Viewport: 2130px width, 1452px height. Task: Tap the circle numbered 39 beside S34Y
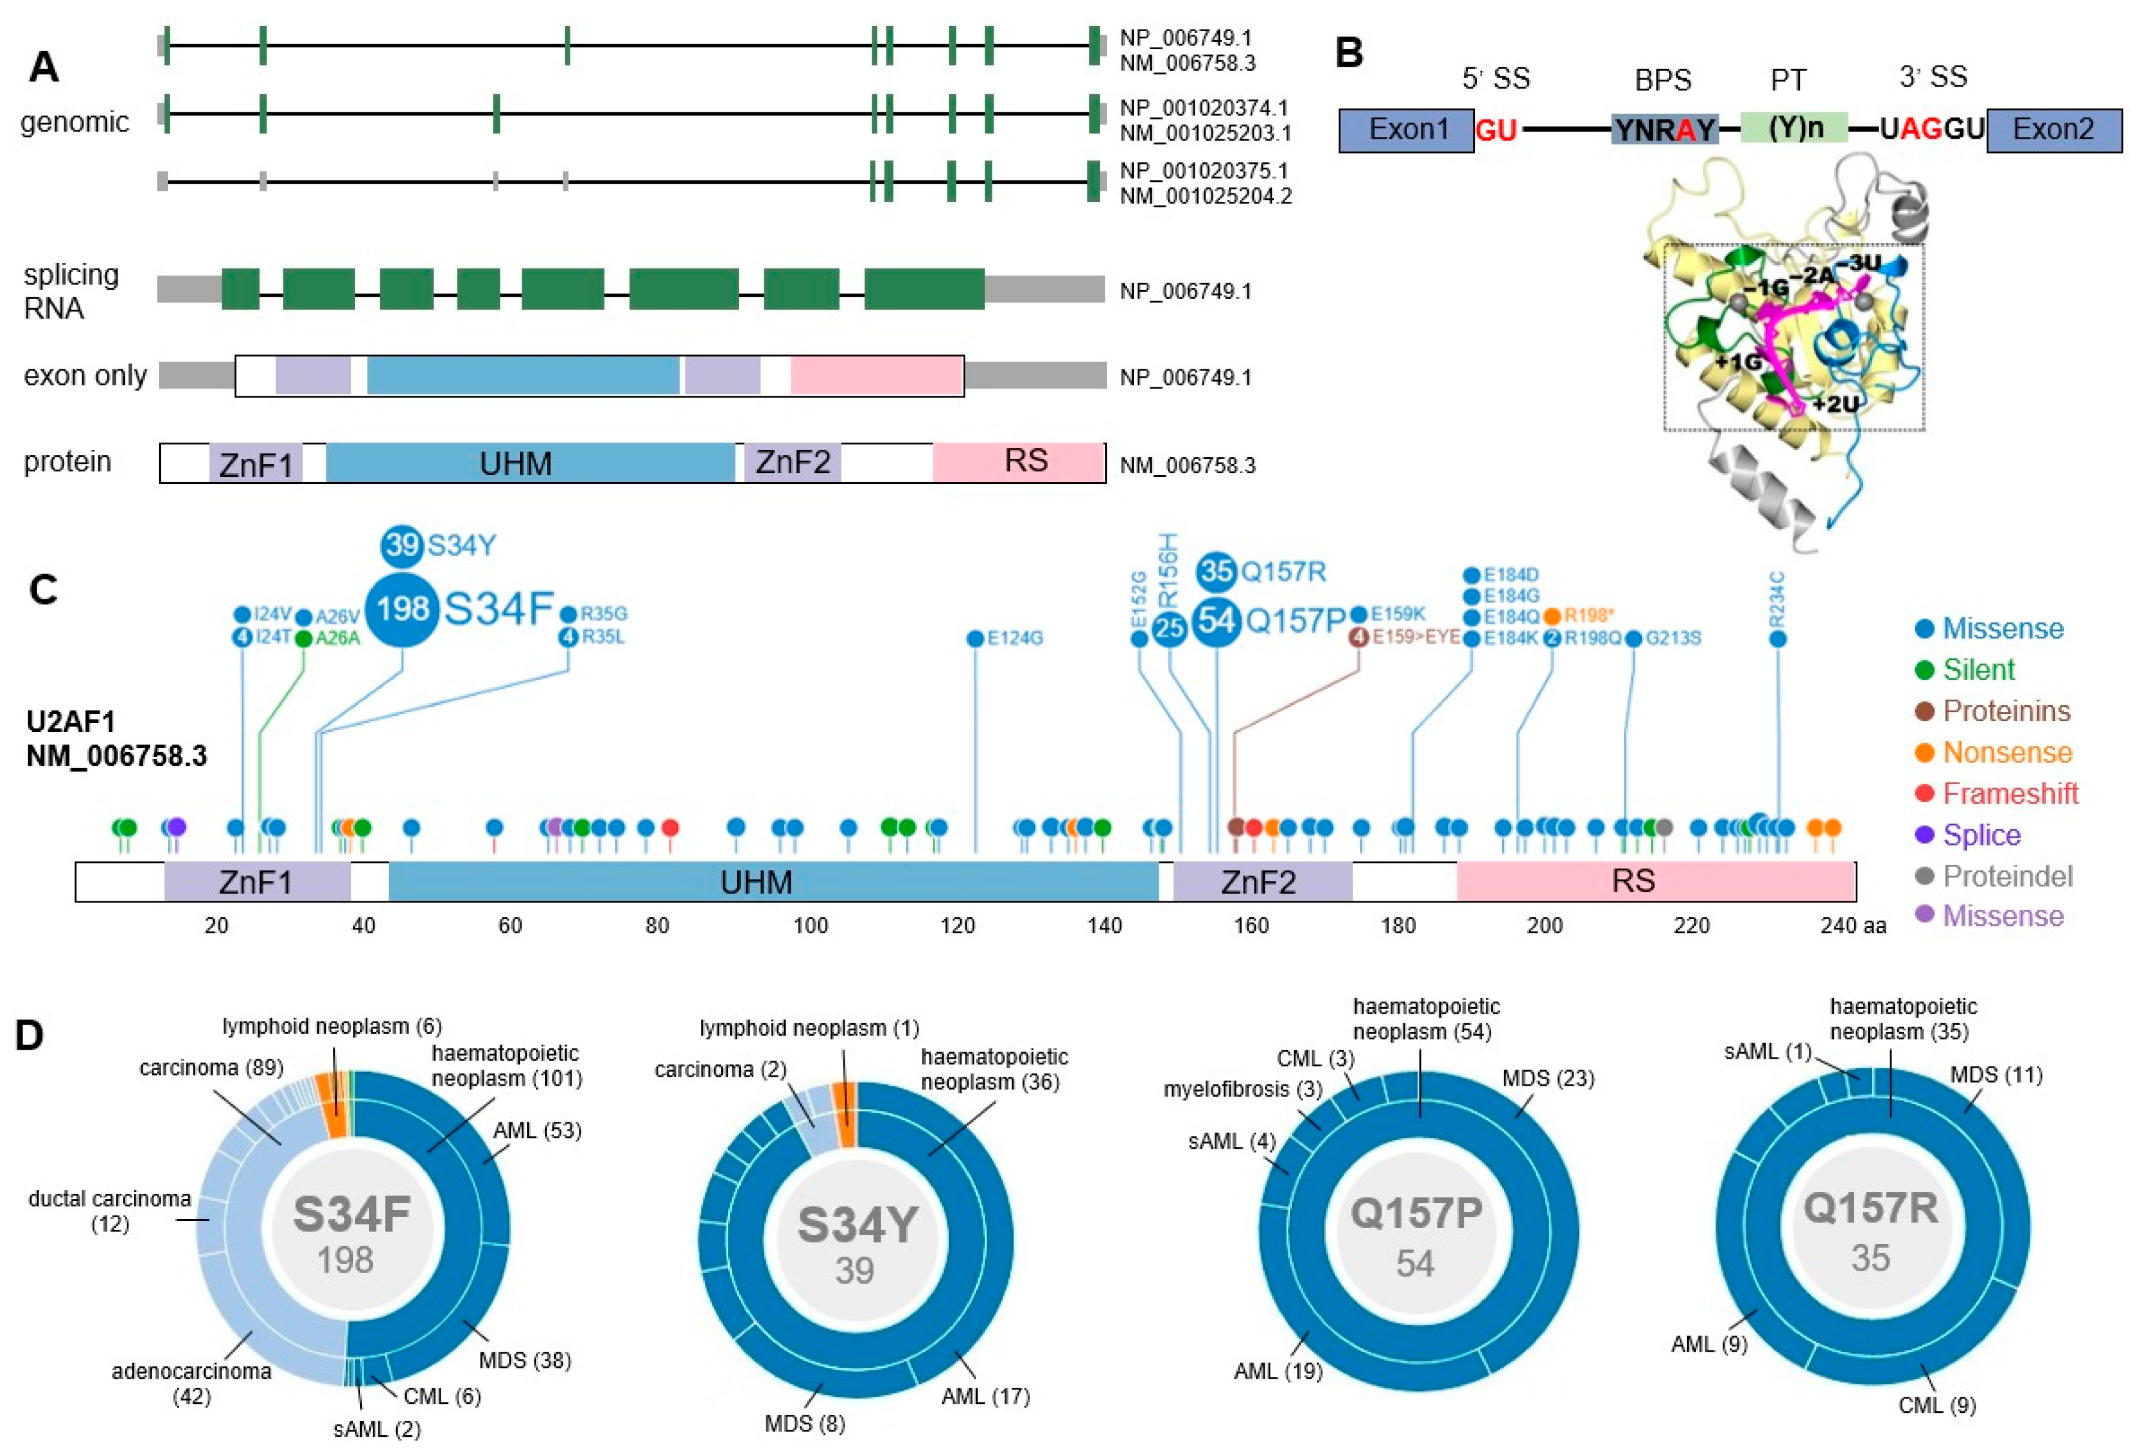402,545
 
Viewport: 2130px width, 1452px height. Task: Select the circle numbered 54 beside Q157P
1216,620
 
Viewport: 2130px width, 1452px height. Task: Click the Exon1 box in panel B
1406,129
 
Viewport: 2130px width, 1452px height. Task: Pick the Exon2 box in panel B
2053,129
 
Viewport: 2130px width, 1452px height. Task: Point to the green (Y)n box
1794,127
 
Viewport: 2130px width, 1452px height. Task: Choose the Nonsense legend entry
2007,752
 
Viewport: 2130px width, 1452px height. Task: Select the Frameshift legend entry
2010,794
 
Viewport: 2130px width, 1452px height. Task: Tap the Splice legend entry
1982,835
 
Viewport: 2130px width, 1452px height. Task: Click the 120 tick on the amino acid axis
957,926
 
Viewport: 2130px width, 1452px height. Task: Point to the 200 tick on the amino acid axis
1544,926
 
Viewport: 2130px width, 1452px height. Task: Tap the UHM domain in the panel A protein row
516,463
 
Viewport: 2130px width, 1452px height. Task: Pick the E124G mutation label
1015,638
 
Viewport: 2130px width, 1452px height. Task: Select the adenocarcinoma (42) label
192,1382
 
